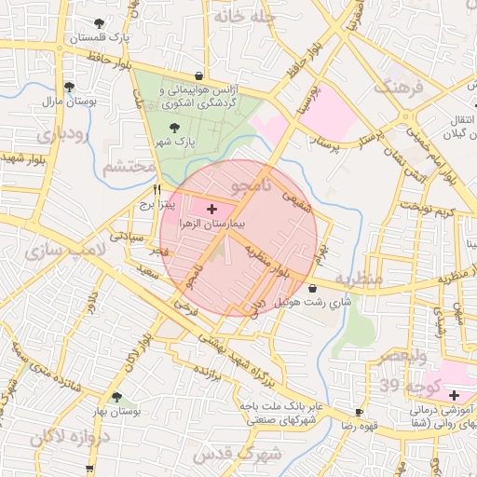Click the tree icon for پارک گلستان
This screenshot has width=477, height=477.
(x=100, y=22)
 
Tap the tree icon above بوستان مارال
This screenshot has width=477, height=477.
(x=68, y=86)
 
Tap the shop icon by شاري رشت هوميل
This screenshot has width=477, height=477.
(x=312, y=288)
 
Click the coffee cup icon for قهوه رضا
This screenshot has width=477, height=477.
(x=360, y=412)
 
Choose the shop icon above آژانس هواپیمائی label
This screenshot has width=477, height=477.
(x=198, y=76)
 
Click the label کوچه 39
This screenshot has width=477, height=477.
(x=402, y=385)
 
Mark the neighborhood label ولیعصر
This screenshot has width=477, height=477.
(x=402, y=356)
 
